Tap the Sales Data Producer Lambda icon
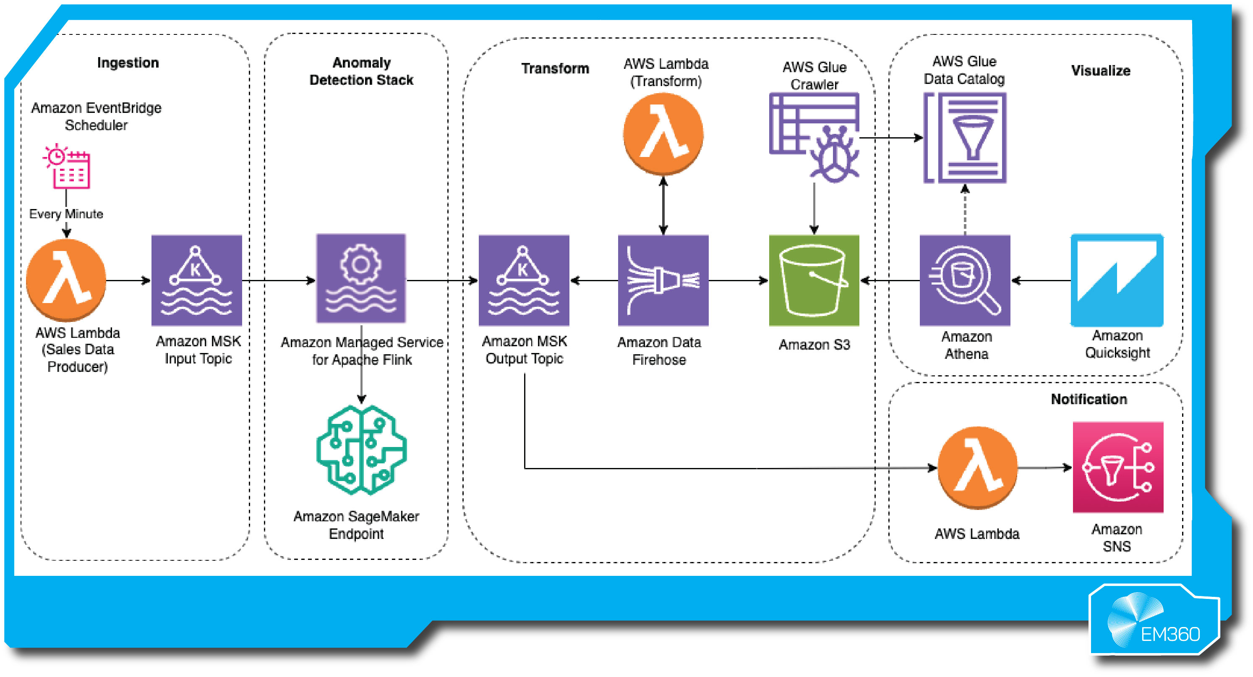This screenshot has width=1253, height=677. (x=66, y=280)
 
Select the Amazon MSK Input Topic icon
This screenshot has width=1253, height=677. (x=196, y=280)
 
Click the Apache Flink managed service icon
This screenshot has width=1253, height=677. (x=361, y=278)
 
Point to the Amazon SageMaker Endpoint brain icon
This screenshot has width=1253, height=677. (x=361, y=450)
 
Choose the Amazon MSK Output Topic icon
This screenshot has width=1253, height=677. (x=524, y=280)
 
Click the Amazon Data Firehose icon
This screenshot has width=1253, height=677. (x=663, y=280)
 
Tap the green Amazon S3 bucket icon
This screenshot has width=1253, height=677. (x=814, y=280)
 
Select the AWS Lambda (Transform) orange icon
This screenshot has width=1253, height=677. (x=663, y=134)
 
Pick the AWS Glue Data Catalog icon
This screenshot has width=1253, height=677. (x=965, y=138)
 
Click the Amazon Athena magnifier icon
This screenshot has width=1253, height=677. (x=965, y=280)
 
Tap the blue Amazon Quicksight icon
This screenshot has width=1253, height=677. (x=1117, y=280)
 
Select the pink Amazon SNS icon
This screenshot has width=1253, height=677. (x=1118, y=467)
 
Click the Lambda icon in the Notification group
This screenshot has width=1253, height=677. (x=978, y=468)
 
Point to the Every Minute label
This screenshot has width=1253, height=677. (x=66, y=214)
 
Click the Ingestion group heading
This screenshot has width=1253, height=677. (x=128, y=63)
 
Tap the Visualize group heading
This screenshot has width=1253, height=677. (x=1100, y=71)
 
